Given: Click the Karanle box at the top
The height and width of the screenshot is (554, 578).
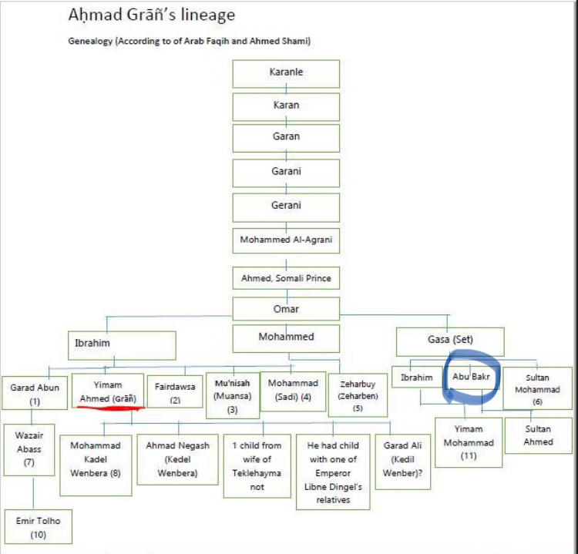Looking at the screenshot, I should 286,72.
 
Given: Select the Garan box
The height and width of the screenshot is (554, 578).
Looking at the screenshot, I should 286,137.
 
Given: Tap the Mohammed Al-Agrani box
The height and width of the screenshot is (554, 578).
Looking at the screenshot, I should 286,240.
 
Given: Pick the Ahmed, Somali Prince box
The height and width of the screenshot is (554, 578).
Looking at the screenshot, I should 286,277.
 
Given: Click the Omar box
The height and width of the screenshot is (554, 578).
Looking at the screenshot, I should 286,309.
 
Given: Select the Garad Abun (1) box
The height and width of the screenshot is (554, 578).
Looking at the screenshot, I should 35,394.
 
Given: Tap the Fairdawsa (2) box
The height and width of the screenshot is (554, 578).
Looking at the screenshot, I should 175,393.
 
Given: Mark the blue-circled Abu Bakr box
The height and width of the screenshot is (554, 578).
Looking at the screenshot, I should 472,378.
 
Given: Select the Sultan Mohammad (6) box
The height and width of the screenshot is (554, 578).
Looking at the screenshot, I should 537,389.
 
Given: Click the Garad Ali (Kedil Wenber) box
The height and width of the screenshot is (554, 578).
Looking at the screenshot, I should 403,458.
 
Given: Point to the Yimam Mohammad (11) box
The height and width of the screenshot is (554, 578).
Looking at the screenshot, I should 468,442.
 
